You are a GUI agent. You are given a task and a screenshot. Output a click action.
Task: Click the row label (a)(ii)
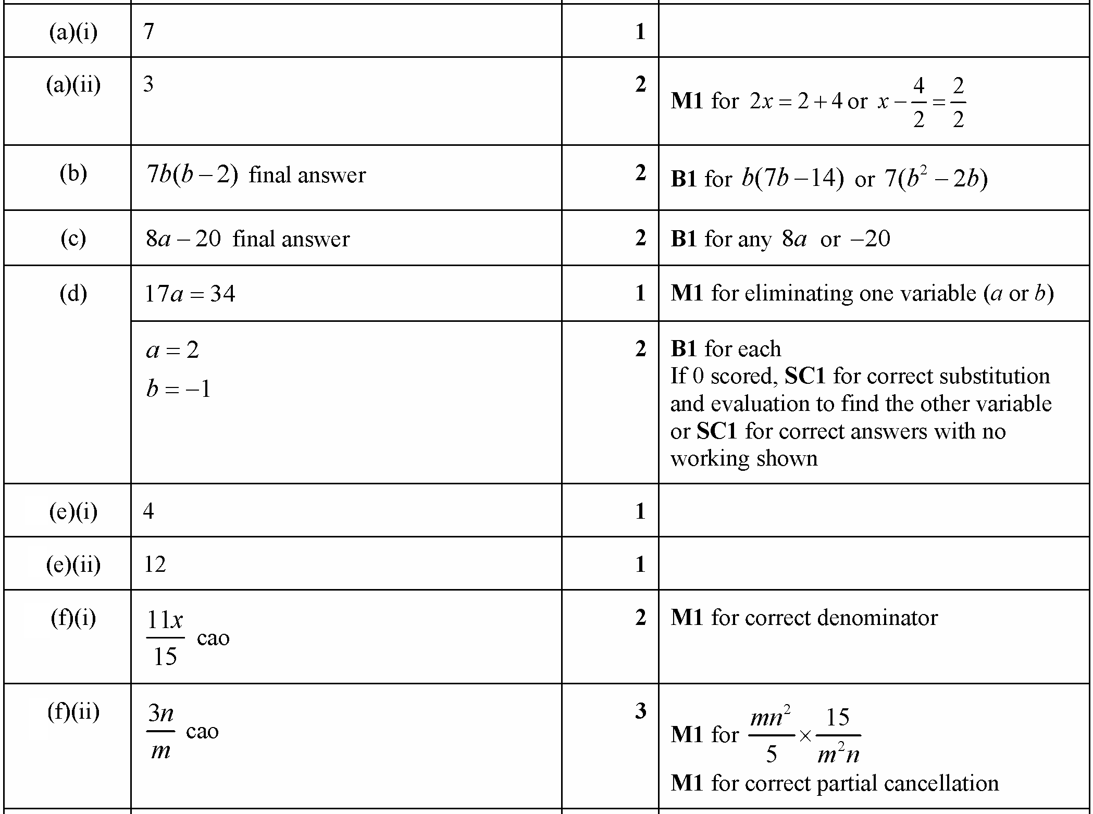73,85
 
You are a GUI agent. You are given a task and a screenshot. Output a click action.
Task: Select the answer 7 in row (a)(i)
149,32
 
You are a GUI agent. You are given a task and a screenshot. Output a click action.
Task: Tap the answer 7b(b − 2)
192,175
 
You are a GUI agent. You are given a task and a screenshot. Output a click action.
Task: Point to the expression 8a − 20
183,239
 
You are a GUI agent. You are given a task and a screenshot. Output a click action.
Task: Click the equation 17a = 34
190,294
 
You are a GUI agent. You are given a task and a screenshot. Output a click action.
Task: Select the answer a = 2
172,350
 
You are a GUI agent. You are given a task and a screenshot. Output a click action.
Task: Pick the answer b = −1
179,389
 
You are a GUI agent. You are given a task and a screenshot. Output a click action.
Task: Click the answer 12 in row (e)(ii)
155,565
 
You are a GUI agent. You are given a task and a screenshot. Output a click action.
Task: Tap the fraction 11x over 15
165,637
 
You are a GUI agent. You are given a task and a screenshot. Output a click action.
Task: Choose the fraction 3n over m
160,731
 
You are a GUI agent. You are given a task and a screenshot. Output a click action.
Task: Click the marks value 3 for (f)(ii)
640,711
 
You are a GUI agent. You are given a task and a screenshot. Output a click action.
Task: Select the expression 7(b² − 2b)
936,179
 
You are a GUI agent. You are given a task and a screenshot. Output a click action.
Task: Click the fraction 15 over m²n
838,735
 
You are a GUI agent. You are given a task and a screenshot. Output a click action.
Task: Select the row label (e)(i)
73,512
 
